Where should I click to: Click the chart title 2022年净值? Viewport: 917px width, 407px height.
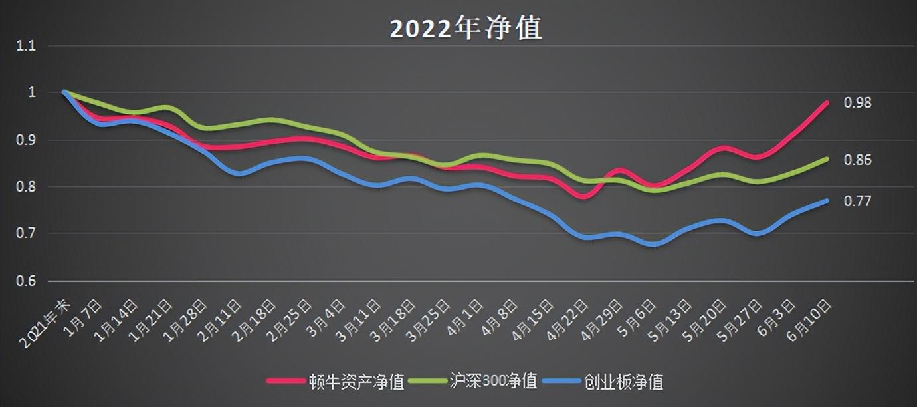[465, 29]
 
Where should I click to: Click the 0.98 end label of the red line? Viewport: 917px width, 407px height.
[857, 103]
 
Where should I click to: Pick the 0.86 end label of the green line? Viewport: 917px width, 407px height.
[857, 160]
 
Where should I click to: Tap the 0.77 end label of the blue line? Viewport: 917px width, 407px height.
[857, 201]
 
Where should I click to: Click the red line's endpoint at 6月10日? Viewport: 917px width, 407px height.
[827, 103]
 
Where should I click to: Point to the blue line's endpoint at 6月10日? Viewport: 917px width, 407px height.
[827, 200]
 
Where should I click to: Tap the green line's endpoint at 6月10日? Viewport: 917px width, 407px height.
[827, 159]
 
